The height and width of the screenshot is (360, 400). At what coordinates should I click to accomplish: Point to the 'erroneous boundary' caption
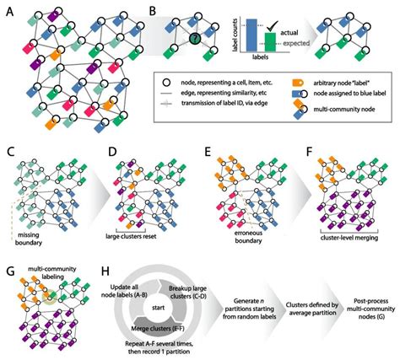pyautogui.click(x=234, y=233)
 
